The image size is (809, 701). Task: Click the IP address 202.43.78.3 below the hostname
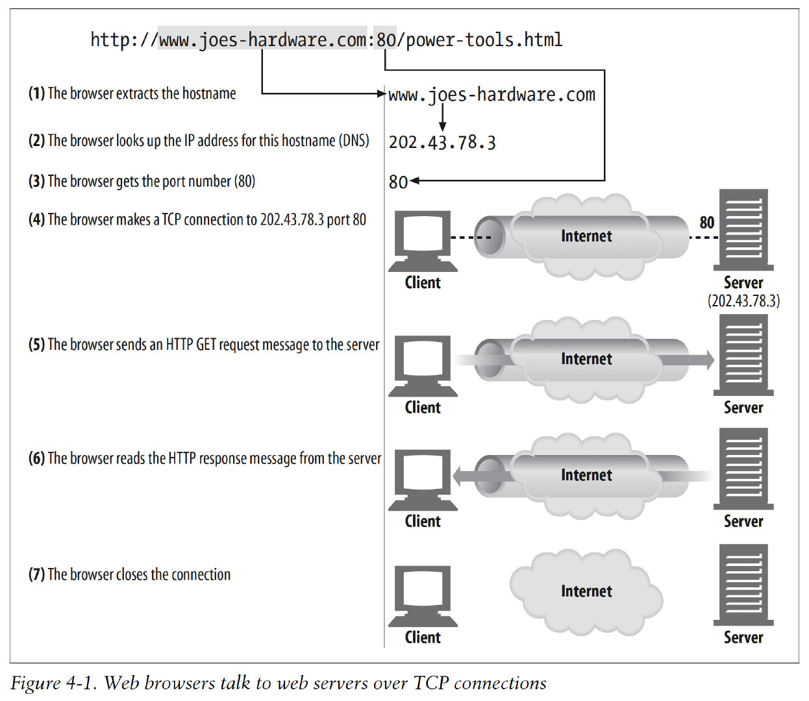(442, 142)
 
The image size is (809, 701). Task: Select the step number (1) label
(36, 93)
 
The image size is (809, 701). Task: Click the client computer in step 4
(423, 240)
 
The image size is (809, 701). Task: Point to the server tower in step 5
(743, 356)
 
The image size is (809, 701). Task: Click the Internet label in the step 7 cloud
(586, 591)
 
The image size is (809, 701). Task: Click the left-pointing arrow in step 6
(467, 476)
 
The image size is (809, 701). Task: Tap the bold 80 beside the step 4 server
(707, 223)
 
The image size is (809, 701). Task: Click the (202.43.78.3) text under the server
(744, 301)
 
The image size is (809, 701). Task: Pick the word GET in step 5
(206, 345)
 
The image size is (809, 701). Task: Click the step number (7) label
(36, 574)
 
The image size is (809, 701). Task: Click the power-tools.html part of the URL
(484, 40)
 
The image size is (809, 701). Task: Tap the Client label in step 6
(423, 521)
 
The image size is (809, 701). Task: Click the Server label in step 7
(743, 637)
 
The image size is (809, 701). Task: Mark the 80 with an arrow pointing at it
(398, 182)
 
